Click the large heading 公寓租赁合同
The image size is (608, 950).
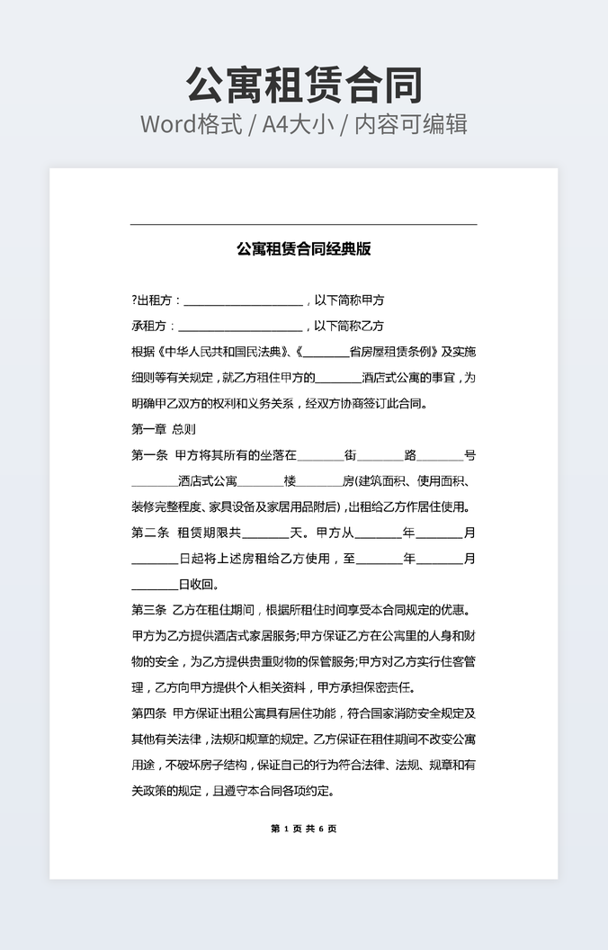pyautogui.click(x=304, y=85)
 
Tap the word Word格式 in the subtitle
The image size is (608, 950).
pyautogui.click(x=191, y=124)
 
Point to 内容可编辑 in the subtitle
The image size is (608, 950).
pyautogui.click(x=411, y=124)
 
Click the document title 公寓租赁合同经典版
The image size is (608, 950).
pyautogui.click(x=304, y=248)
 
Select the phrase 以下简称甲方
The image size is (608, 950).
pyautogui.click(x=348, y=300)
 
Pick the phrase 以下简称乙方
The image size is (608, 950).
pyautogui.click(x=348, y=326)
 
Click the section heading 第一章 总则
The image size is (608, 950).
pyautogui.click(x=163, y=429)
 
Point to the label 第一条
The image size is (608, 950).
pyautogui.click(x=149, y=455)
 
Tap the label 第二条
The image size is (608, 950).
pyautogui.click(x=149, y=533)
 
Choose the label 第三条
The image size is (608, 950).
pyautogui.click(x=149, y=611)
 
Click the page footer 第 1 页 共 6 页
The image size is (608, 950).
pyautogui.click(x=304, y=829)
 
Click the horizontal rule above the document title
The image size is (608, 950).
pyautogui.click(x=304, y=224)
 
